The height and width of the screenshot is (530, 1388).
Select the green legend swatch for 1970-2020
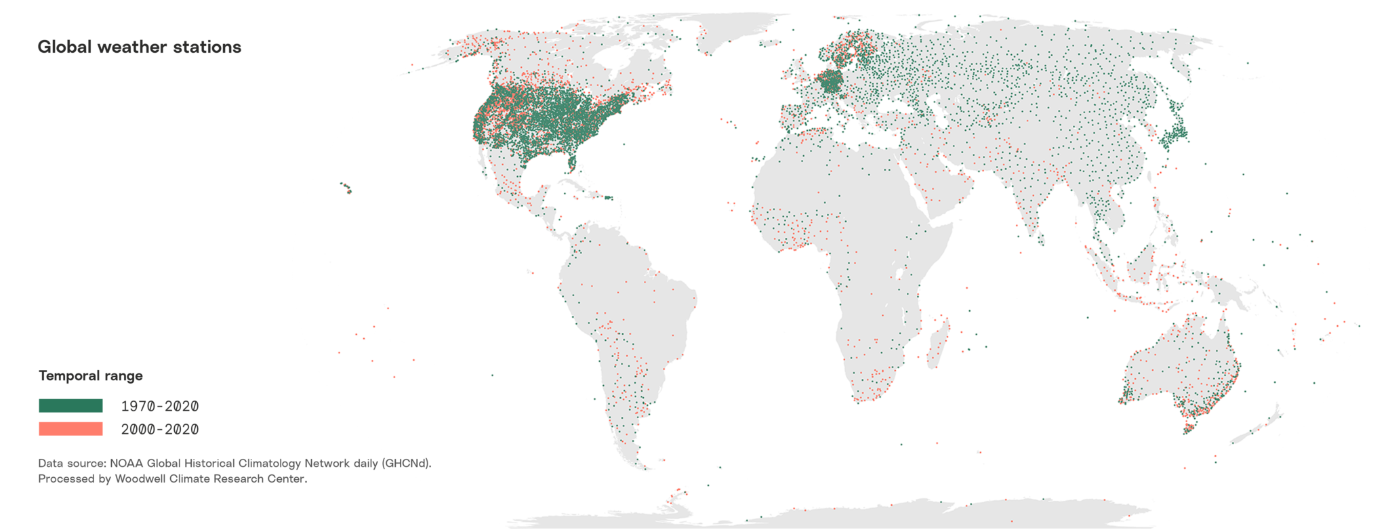pyautogui.click(x=70, y=406)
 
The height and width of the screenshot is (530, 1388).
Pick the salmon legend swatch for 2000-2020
pyautogui.click(x=70, y=429)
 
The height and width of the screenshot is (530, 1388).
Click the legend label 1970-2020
pyautogui.click(x=160, y=406)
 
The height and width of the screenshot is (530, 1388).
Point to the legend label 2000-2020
pyautogui.click(x=160, y=429)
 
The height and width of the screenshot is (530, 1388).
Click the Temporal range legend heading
pyautogui.click(x=90, y=375)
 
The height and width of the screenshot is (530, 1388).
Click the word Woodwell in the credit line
pyautogui.click(x=140, y=478)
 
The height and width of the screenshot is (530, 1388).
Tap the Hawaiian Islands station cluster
pyautogui.click(x=346, y=188)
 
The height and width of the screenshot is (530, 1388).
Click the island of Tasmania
pyautogui.click(x=1188, y=428)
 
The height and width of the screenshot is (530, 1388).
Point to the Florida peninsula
pyautogui.click(x=572, y=163)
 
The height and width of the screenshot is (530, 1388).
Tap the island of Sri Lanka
pyautogui.click(x=1041, y=239)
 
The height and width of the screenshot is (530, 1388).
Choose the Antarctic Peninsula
pyautogui.click(x=675, y=498)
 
